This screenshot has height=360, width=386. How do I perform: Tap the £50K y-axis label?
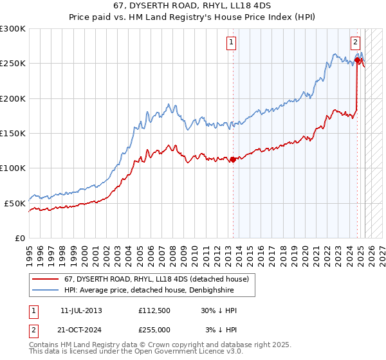point(15,203)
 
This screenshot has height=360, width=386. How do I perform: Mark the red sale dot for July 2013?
point(232,160)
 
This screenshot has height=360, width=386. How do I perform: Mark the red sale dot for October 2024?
point(357,60)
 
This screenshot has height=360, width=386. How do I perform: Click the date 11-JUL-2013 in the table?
point(81,310)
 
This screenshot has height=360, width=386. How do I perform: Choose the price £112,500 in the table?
point(154,310)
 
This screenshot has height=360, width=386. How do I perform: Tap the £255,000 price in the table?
point(154,330)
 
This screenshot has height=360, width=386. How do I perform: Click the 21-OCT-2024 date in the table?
point(82,330)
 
